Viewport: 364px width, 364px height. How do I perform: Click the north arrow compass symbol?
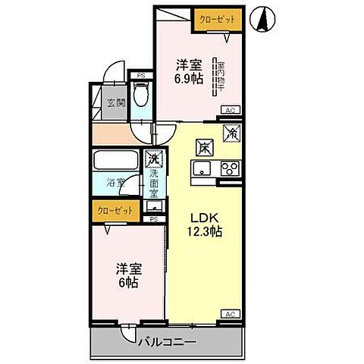[263, 20]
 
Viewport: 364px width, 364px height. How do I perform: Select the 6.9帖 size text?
[190, 79]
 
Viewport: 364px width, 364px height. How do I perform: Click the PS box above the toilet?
[140, 74]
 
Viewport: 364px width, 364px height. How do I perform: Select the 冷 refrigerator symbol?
[231, 133]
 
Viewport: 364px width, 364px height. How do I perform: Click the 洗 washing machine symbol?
[155, 160]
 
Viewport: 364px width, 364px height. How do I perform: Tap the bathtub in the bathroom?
[114, 161]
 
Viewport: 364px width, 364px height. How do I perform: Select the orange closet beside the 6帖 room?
[115, 210]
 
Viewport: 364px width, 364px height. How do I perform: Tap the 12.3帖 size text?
[205, 232]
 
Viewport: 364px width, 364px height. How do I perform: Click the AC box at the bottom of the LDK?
[229, 313]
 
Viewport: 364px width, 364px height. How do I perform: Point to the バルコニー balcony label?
[167, 341]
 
